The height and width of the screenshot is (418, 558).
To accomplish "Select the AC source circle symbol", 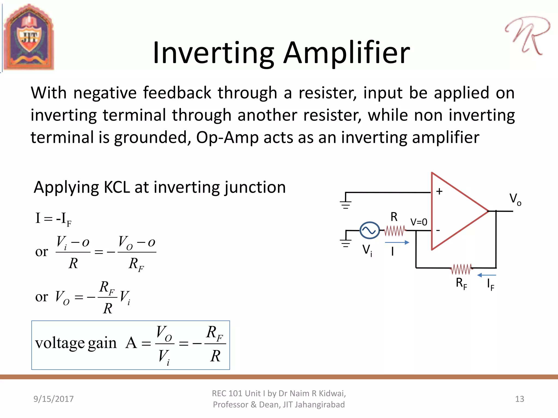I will click(x=369, y=230).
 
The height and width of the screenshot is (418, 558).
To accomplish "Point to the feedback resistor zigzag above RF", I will click(x=461, y=269).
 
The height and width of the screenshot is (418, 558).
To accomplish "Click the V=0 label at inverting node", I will click(x=419, y=222).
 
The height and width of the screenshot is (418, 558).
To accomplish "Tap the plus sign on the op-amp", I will click(x=439, y=191).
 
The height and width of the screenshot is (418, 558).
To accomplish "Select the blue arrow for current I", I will click(x=397, y=242).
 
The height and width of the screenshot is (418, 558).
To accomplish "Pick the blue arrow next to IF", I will click(x=487, y=275).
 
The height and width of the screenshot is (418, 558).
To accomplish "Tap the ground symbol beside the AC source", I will click(x=346, y=243).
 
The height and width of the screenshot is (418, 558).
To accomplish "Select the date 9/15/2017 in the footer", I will click(x=53, y=399).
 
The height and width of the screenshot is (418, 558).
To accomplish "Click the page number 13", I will click(x=519, y=399).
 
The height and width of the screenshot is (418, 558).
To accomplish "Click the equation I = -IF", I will click(x=53, y=219).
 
